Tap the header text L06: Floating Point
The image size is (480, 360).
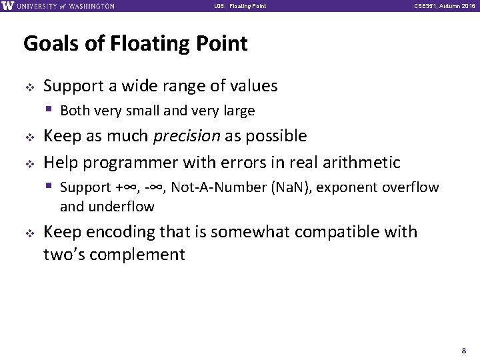(x=241, y=7)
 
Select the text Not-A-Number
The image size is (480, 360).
(x=219, y=187)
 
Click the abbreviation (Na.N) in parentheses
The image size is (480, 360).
(x=291, y=187)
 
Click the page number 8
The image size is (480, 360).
(x=464, y=350)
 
